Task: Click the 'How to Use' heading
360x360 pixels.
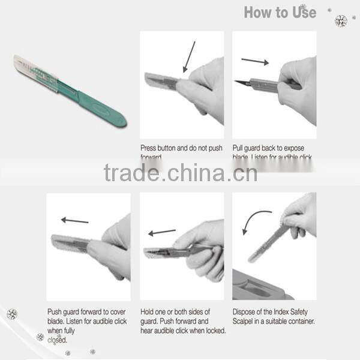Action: (x=280, y=12)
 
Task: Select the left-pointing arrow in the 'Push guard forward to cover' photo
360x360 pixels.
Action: (x=75, y=220)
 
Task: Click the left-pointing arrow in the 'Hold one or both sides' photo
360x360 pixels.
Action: (x=162, y=232)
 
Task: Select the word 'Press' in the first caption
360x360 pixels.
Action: (x=149, y=148)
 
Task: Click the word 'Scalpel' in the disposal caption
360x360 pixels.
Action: (x=246, y=322)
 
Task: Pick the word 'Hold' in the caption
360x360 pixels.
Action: (x=148, y=312)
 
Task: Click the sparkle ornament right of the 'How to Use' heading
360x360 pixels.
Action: (x=340, y=20)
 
